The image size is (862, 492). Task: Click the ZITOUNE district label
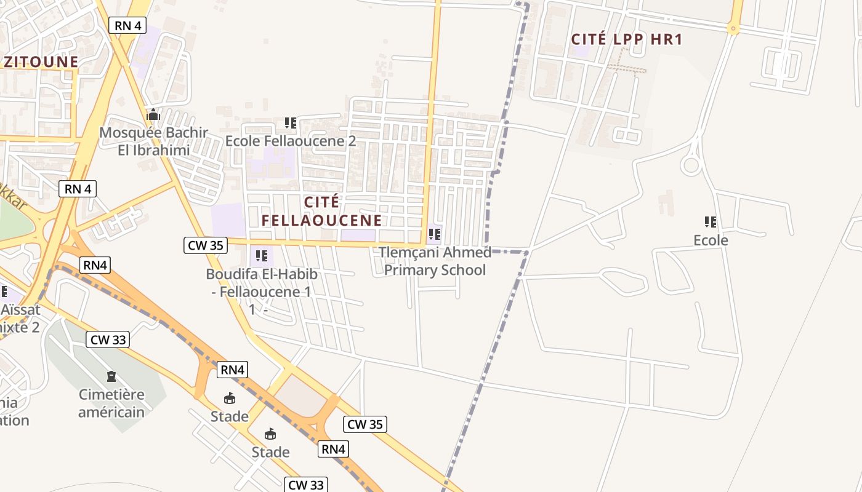[41, 61]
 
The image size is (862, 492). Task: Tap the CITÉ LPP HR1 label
[627, 39]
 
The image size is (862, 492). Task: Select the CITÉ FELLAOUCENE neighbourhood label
[321, 211]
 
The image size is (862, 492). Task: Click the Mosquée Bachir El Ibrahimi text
[153, 141]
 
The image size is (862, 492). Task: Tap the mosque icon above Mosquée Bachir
[153, 115]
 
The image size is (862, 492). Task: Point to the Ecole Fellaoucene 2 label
[290, 141]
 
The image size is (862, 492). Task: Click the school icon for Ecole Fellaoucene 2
[291, 123]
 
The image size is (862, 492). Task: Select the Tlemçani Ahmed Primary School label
[435, 261]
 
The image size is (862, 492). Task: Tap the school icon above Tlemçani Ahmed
[435, 234]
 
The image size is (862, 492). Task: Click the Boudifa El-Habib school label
[261, 283]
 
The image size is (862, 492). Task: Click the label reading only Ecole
[711, 240]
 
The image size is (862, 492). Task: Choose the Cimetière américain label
[111, 403]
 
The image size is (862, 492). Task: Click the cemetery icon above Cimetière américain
[111, 376]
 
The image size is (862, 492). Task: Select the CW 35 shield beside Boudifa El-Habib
[205, 245]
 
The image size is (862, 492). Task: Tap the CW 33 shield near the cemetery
[108, 339]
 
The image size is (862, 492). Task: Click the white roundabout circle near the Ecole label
[691, 165]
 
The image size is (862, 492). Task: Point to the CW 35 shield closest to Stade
[365, 424]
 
